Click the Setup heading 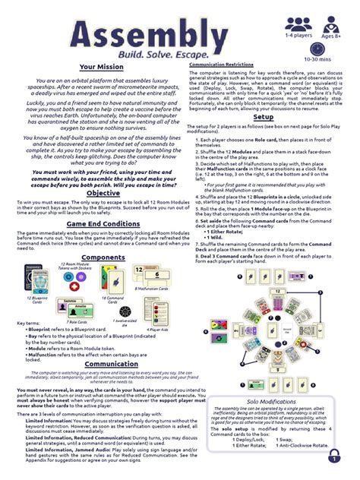(263, 117)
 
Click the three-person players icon (298, 24)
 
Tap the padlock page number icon (335, 457)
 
